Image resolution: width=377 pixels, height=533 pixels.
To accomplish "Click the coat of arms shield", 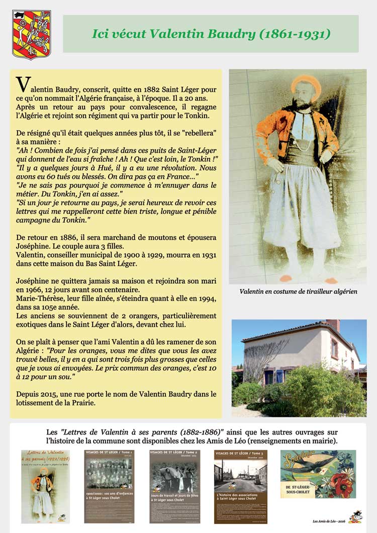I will click(31, 34).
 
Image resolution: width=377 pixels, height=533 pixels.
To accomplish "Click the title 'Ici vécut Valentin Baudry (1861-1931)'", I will click(211, 34).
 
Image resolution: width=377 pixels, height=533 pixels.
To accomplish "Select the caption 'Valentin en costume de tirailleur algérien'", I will click(298, 291).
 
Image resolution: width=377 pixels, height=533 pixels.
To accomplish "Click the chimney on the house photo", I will click(332, 325).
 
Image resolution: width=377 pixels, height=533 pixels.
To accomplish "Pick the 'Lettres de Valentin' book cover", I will click(45, 486).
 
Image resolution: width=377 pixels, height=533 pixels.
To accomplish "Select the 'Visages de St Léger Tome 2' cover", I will click(174, 486).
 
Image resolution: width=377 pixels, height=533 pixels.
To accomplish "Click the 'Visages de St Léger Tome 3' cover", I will click(240, 486).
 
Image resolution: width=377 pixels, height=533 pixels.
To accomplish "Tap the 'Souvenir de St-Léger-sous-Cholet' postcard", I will click(318, 474).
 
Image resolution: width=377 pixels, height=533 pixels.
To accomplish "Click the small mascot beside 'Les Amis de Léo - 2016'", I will click(356, 516).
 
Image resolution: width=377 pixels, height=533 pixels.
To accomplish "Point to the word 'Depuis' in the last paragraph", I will click(28, 394).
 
